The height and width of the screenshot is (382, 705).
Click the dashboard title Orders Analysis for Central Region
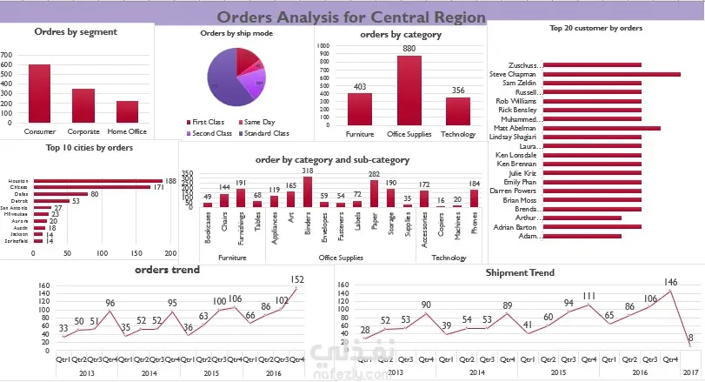[x=350, y=17]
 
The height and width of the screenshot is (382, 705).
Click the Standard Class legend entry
[x=265, y=133]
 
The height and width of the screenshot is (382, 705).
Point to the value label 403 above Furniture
[x=359, y=85]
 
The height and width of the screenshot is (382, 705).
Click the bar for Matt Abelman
[x=601, y=128]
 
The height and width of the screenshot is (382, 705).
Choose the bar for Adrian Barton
[x=591, y=226]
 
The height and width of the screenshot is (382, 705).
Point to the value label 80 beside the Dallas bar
[x=94, y=194]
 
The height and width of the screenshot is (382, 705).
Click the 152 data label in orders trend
[x=298, y=279]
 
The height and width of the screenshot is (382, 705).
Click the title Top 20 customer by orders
[x=595, y=29]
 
